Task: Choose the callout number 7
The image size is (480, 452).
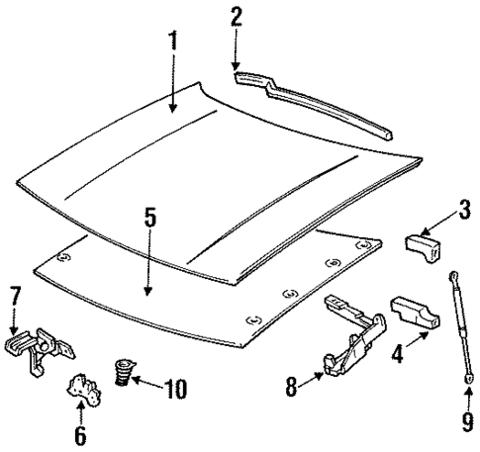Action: (14, 296)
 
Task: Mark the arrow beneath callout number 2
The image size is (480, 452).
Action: (236, 46)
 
